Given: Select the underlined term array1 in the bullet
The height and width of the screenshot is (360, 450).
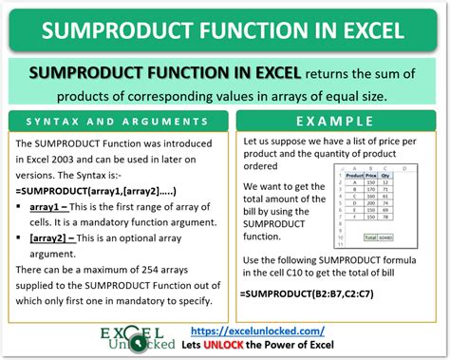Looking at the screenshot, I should click(x=49, y=205).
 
